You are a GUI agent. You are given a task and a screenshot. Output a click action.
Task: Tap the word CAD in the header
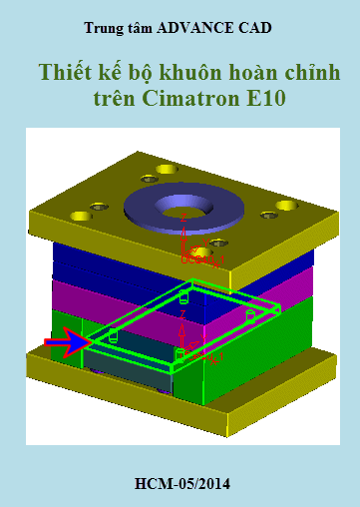[x=255, y=28]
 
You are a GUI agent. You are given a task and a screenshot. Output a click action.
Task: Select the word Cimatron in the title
[x=190, y=99]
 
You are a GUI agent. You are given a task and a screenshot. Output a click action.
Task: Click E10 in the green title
[x=266, y=99]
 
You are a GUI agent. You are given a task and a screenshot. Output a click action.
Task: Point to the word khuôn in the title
[x=190, y=72]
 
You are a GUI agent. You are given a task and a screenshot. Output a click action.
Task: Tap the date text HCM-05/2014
[x=182, y=484]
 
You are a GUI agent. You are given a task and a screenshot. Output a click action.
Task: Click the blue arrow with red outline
[x=68, y=342]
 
